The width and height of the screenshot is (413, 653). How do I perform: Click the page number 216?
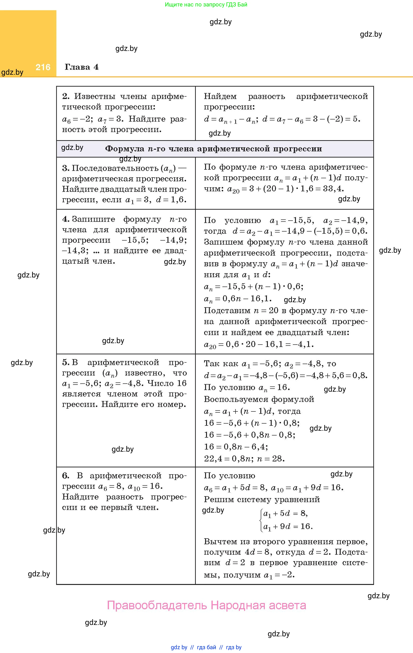click(x=43, y=67)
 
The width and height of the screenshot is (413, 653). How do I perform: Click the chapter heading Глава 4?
click(x=81, y=67)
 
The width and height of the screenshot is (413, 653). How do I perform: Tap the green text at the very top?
click(x=206, y=4)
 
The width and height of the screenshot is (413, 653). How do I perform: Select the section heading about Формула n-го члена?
click(x=213, y=148)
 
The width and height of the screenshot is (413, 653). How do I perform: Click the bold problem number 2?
click(x=66, y=96)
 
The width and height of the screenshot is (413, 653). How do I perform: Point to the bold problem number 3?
click(x=66, y=168)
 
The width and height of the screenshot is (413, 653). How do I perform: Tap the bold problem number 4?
click(x=66, y=219)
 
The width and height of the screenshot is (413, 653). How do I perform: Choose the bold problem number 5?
click(x=66, y=362)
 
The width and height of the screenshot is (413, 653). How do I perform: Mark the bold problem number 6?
click(x=66, y=475)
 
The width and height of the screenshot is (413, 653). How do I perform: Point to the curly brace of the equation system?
click(x=261, y=520)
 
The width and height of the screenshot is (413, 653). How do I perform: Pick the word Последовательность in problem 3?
click(x=115, y=168)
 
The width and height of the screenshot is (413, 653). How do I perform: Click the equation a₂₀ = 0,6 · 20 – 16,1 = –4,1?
click(x=259, y=344)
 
